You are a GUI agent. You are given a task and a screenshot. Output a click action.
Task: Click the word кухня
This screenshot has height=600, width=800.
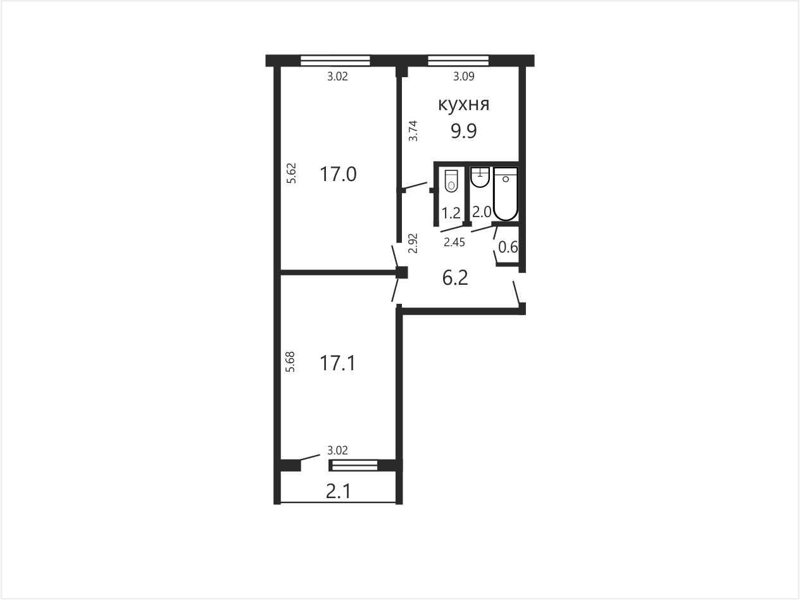coord(463,104)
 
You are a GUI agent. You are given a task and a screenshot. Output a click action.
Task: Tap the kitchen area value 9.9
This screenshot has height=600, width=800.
coord(463,131)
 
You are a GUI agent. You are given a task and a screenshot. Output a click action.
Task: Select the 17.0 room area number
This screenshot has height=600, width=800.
coord(338,174)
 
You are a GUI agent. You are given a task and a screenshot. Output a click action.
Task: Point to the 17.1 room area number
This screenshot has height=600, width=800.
coord(337,363)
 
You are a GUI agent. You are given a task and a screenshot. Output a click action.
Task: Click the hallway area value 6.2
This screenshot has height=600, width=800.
coord(455,278)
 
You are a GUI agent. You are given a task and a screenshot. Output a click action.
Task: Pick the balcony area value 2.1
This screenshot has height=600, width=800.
coord(338,492)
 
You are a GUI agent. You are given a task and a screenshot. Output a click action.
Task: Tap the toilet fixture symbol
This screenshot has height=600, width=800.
coord(451,180)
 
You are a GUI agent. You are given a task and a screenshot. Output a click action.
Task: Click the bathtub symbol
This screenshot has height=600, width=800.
coord(506,194)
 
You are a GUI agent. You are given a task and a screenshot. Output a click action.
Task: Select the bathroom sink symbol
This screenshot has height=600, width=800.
coord(480,177)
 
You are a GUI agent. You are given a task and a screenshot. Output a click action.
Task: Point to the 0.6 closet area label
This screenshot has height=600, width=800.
coord(508,247)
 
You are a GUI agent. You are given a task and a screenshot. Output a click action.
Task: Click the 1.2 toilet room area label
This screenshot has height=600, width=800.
coord(451,213)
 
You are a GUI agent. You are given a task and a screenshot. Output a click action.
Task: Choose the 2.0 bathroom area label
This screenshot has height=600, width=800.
coord(482,211)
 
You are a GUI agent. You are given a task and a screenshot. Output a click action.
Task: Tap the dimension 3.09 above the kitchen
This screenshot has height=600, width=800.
coord(463,77)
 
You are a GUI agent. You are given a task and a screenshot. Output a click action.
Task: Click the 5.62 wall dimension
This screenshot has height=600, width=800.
coord(291,173)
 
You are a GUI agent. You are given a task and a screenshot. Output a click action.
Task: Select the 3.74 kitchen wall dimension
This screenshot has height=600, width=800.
coord(413,131)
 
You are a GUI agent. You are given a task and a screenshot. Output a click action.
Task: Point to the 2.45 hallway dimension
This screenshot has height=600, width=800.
coord(454,242)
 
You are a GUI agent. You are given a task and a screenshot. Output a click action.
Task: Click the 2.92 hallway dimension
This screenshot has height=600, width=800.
coord(413,243)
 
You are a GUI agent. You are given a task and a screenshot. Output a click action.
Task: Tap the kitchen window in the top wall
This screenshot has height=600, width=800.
coord(458,61)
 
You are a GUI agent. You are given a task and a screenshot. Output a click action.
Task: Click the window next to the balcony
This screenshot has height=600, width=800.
coord(353,466)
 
